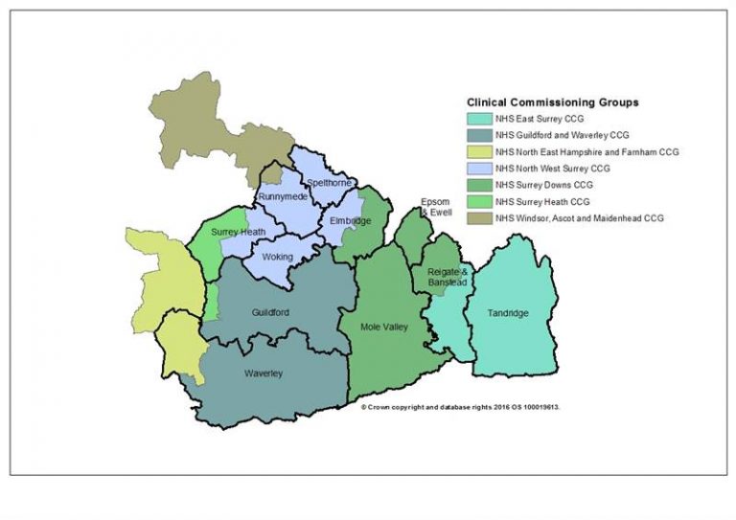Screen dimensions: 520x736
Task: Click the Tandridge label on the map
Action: coord(507,313)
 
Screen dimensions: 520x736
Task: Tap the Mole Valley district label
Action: coord(384,328)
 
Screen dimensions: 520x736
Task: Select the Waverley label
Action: coord(263,373)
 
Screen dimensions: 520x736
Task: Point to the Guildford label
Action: coord(270,313)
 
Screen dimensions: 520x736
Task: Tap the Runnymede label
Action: coord(283,196)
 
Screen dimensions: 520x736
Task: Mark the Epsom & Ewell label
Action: coord(435,207)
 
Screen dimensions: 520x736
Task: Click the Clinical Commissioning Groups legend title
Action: coord(552,102)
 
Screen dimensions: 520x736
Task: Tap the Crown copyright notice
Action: coord(460,406)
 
